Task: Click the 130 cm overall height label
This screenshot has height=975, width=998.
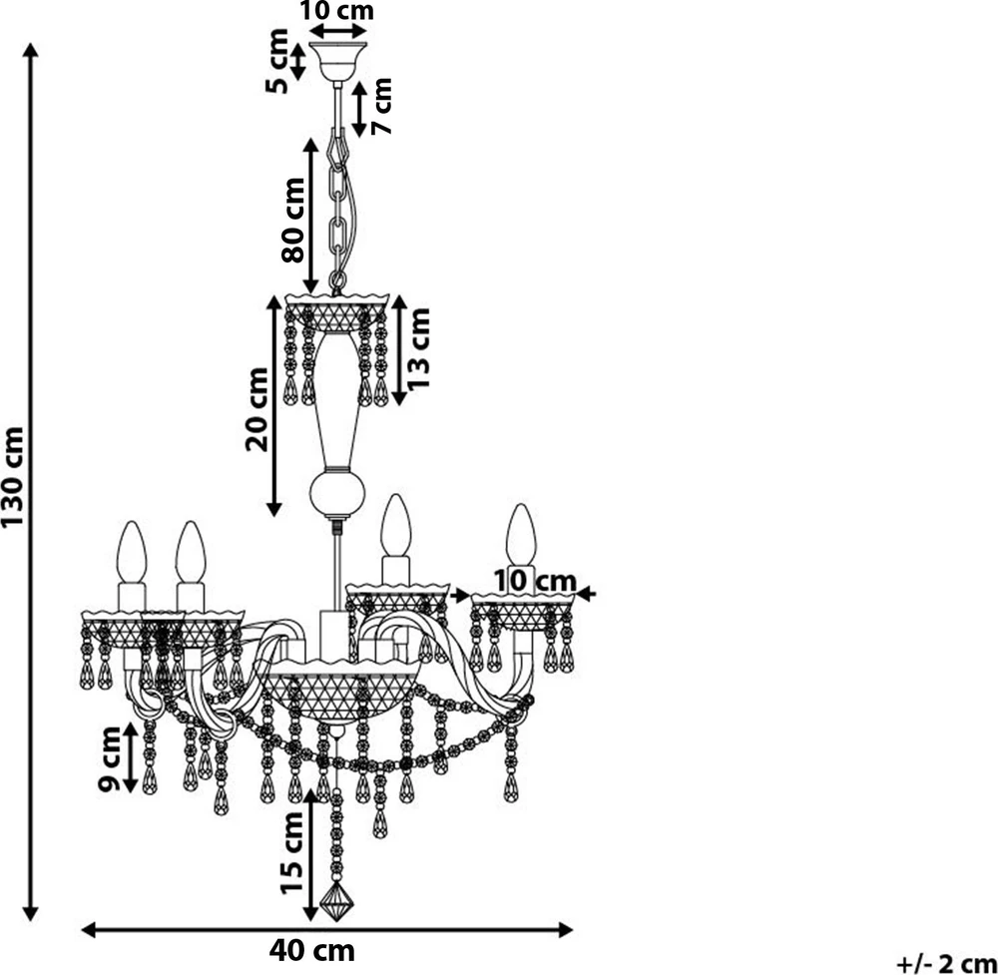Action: [13, 477]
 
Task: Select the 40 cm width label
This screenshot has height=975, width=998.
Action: [311, 951]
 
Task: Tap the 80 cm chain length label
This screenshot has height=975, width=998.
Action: [293, 220]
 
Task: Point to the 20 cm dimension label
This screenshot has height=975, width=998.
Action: [257, 409]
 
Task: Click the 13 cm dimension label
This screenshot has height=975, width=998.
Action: [418, 348]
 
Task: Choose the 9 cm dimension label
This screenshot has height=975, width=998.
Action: [110, 758]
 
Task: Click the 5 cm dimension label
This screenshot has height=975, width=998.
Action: [276, 61]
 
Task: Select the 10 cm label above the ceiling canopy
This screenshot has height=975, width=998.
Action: [336, 10]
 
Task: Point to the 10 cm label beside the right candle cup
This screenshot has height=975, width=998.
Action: [535, 581]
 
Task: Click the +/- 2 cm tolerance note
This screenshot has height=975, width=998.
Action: [946, 964]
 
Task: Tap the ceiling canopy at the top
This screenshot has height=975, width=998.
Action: [337, 62]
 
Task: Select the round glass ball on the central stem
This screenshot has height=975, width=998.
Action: [337, 493]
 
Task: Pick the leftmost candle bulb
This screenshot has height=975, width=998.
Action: [132, 552]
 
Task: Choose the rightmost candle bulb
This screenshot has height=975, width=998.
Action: [521, 535]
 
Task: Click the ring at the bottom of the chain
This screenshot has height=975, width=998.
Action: [337, 280]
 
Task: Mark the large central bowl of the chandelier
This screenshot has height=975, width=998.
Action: [341, 691]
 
